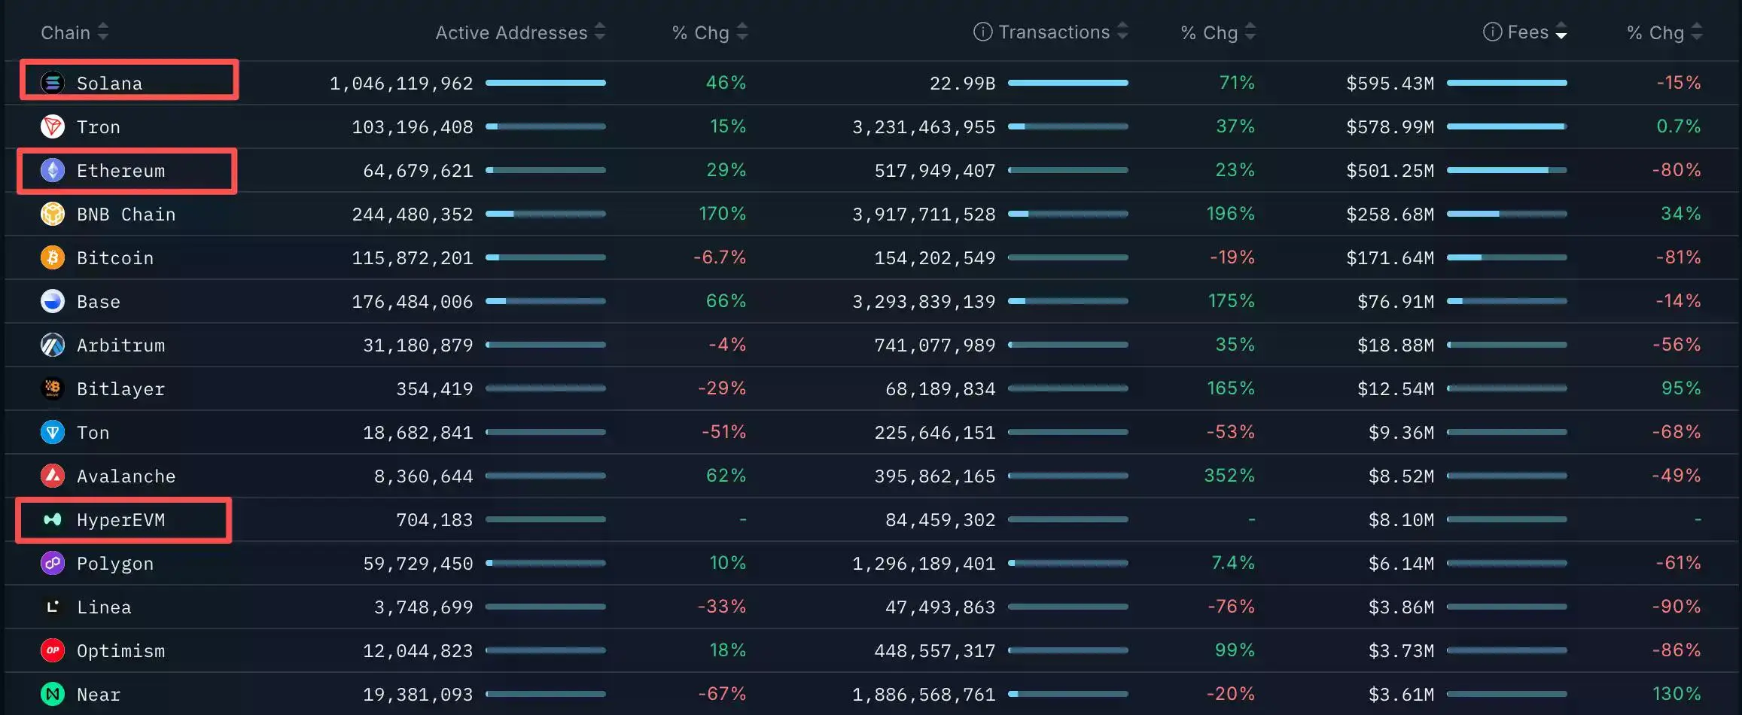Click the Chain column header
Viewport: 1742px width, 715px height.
tap(65, 32)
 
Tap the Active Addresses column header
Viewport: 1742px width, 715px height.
tap(511, 32)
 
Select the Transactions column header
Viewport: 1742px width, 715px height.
tap(1054, 32)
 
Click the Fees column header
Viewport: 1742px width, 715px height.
tap(1528, 32)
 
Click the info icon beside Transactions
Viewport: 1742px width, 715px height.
tap(982, 32)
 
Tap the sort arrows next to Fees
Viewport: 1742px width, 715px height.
tap(1561, 32)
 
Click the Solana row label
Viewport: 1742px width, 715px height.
tap(109, 83)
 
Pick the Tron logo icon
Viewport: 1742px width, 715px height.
tap(53, 126)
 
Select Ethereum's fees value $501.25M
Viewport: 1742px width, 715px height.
tap(1390, 171)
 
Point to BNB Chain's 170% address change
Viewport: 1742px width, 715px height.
tap(723, 214)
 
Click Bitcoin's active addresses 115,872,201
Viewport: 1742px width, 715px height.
tap(413, 258)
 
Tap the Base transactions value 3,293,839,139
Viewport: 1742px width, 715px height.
tap(924, 302)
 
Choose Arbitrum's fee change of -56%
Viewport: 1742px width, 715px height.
tap(1677, 345)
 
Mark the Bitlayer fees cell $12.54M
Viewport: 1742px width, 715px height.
tap(1396, 389)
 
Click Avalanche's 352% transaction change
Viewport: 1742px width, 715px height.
tap(1229, 476)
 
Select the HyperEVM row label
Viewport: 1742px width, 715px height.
tap(120, 520)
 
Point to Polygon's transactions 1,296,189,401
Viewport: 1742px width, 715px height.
tap(924, 564)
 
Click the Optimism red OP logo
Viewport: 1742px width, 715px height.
tap(53, 650)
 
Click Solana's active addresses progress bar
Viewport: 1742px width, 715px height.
tap(546, 83)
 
